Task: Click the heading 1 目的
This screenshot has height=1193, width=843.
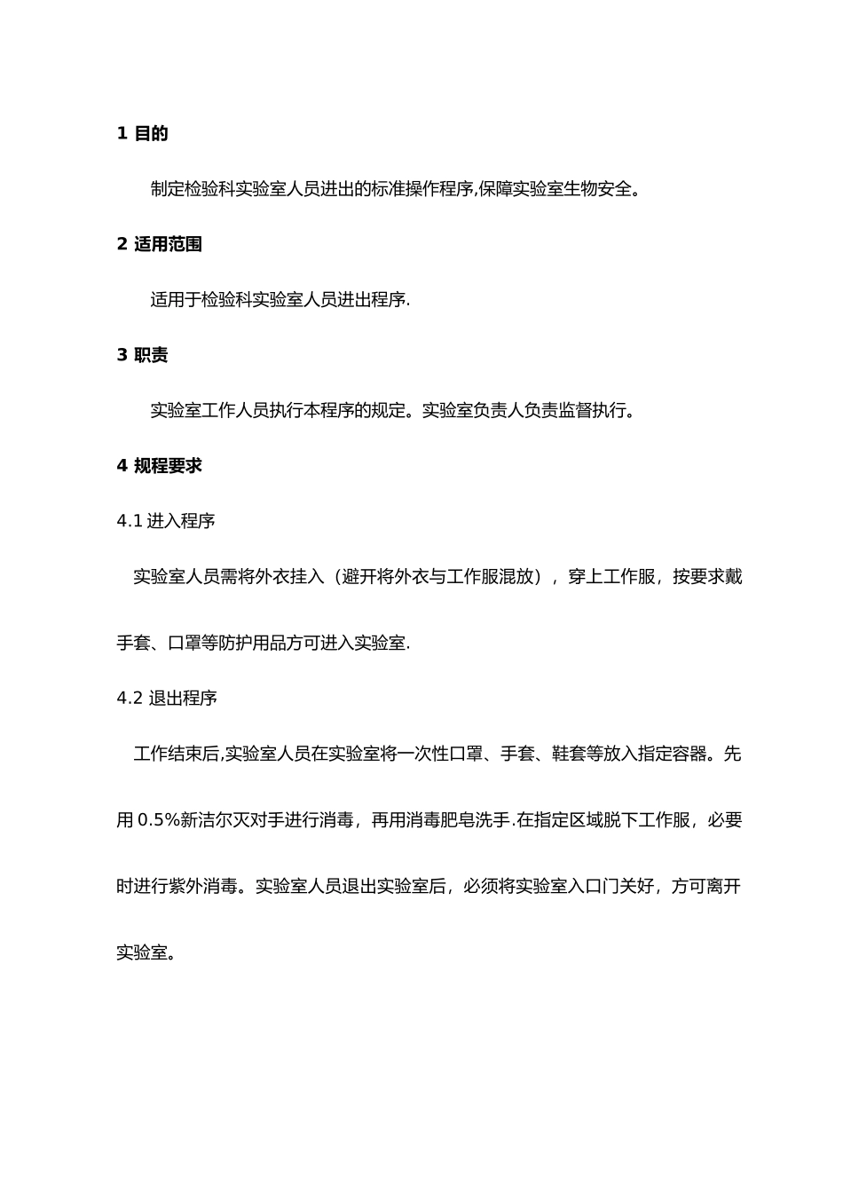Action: [142, 134]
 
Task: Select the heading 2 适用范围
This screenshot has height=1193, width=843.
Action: [159, 244]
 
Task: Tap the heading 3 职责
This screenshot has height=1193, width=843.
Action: [142, 355]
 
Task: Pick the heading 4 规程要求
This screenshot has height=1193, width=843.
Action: [159, 465]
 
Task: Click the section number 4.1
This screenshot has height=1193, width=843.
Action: [130, 521]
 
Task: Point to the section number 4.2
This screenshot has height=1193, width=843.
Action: [130, 699]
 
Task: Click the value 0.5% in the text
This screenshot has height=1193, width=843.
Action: [159, 820]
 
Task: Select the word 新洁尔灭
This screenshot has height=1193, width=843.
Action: [214, 820]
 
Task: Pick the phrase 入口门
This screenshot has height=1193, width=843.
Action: [593, 886]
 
